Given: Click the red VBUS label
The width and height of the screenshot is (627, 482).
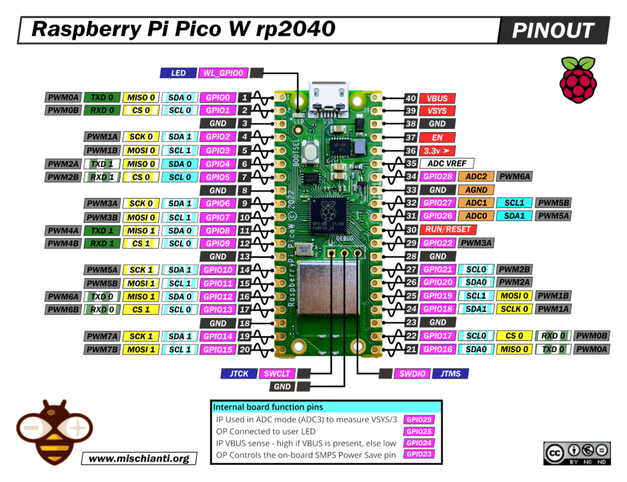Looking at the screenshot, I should (437, 98).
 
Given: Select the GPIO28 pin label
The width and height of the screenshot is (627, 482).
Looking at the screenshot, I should (438, 176).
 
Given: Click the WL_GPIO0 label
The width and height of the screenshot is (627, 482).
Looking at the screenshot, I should (223, 73).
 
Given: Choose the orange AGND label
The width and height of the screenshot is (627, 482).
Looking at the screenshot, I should (476, 190).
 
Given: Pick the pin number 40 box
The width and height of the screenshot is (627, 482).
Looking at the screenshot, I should (411, 98).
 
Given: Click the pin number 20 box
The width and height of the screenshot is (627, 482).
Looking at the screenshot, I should (244, 349).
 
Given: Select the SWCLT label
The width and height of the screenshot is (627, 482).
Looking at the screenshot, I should (277, 373).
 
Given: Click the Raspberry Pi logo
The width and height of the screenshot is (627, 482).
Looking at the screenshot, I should (577, 80).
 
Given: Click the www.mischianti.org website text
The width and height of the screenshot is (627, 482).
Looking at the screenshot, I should (139, 458).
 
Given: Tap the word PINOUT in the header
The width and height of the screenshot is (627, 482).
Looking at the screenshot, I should (553, 30).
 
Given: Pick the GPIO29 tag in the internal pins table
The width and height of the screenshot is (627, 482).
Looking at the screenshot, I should (419, 420).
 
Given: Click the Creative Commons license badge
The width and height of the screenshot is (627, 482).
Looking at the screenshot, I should (576, 453).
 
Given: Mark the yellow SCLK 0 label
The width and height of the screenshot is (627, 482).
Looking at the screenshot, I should (514, 309).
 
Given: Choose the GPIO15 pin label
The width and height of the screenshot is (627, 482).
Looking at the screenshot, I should (218, 349).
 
